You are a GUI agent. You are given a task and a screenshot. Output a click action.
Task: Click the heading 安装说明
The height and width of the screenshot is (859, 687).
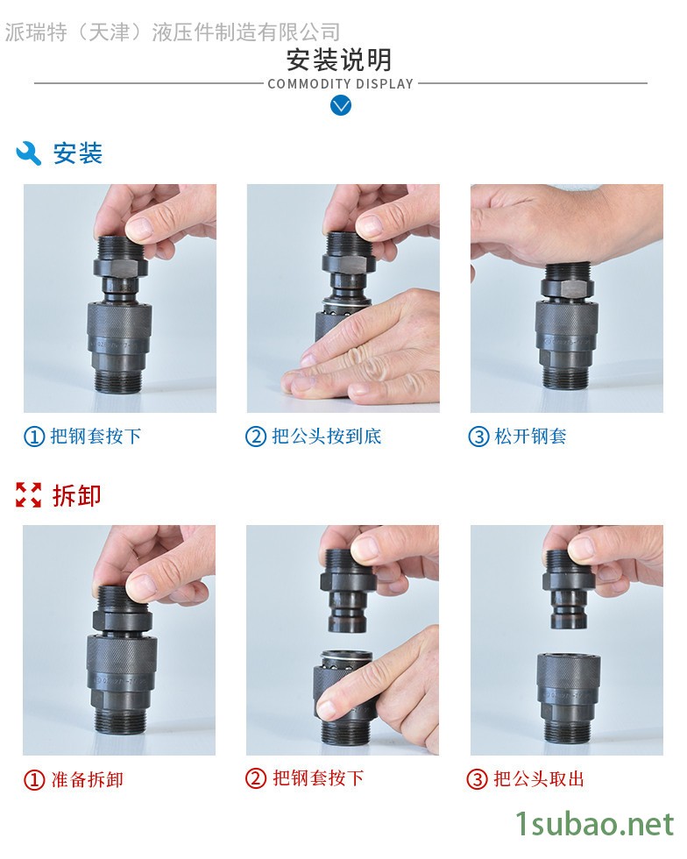point(339,60)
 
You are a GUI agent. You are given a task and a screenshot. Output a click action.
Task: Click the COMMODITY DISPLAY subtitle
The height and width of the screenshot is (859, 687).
point(340,84)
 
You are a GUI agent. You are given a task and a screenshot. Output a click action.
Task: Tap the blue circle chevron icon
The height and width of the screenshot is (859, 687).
point(341,105)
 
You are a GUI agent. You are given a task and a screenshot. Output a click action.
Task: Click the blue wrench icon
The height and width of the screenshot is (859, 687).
point(29,153)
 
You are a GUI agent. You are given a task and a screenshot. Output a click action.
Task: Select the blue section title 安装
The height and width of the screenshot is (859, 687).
point(77,153)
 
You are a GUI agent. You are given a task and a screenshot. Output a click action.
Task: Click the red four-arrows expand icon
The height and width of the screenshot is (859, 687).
point(29,495)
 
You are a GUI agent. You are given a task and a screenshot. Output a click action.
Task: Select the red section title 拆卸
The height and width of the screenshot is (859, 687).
point(77,495)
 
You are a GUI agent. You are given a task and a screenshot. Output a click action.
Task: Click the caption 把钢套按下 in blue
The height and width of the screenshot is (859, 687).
point(96,437)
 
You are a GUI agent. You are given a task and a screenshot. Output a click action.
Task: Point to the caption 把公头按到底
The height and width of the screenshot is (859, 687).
point(327,437)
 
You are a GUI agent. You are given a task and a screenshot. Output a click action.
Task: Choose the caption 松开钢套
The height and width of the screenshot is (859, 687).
point(530,437)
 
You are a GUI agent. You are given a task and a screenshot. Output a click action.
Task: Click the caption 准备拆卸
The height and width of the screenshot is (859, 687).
point(87,779)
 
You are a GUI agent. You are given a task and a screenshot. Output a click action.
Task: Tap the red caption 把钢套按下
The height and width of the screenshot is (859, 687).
point(318,778)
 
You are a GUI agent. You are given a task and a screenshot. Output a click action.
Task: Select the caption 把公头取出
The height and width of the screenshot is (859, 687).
point(539,778)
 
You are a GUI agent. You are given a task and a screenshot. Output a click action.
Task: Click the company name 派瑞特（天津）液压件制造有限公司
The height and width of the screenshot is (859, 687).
point(173,32)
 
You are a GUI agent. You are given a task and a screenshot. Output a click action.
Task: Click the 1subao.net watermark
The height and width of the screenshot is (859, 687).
point(595,825)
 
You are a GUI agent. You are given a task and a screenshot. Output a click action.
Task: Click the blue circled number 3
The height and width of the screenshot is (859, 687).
point(478,437)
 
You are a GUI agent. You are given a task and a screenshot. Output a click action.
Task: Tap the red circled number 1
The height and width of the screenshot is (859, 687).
point(34,779)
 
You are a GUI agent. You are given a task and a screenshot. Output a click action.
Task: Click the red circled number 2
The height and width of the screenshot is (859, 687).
point(256,778)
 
